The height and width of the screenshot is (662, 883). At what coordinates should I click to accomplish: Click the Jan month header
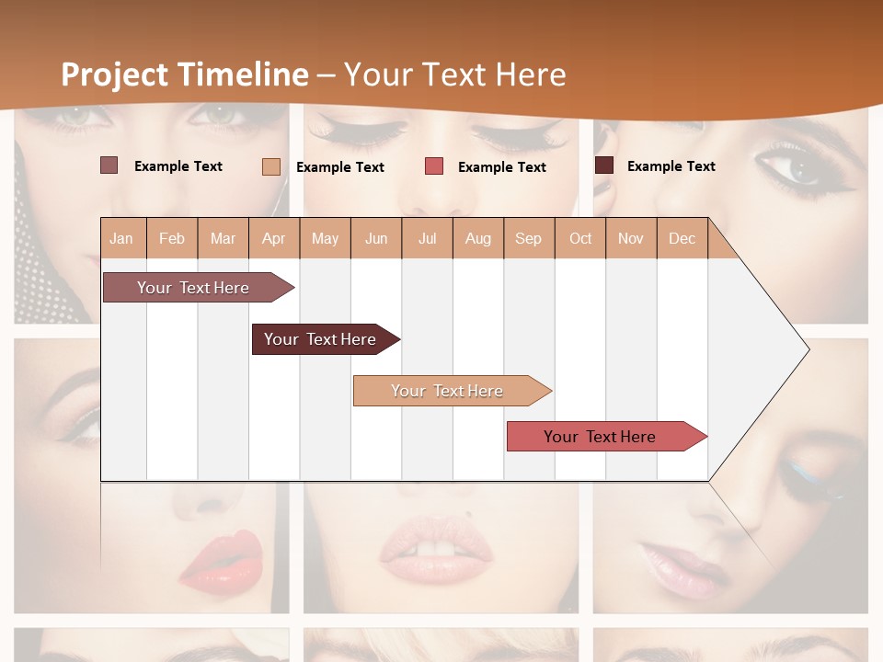121,238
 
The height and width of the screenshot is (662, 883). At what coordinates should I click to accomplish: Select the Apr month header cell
273,238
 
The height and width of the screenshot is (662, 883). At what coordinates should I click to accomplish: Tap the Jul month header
427,238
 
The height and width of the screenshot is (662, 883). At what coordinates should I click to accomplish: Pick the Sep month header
528,238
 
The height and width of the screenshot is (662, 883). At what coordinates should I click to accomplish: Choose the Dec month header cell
682,238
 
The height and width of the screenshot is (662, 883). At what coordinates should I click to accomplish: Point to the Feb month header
172,238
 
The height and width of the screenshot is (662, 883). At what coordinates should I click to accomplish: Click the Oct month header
580,238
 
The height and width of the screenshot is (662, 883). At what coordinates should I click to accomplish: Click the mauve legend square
109,165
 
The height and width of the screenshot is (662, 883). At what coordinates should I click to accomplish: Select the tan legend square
270,166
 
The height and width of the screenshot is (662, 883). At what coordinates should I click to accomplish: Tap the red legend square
434,166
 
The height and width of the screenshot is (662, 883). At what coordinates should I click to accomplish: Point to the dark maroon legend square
604,165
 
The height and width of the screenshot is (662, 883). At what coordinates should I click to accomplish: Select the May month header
325,238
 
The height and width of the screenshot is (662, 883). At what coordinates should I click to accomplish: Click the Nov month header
630,238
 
